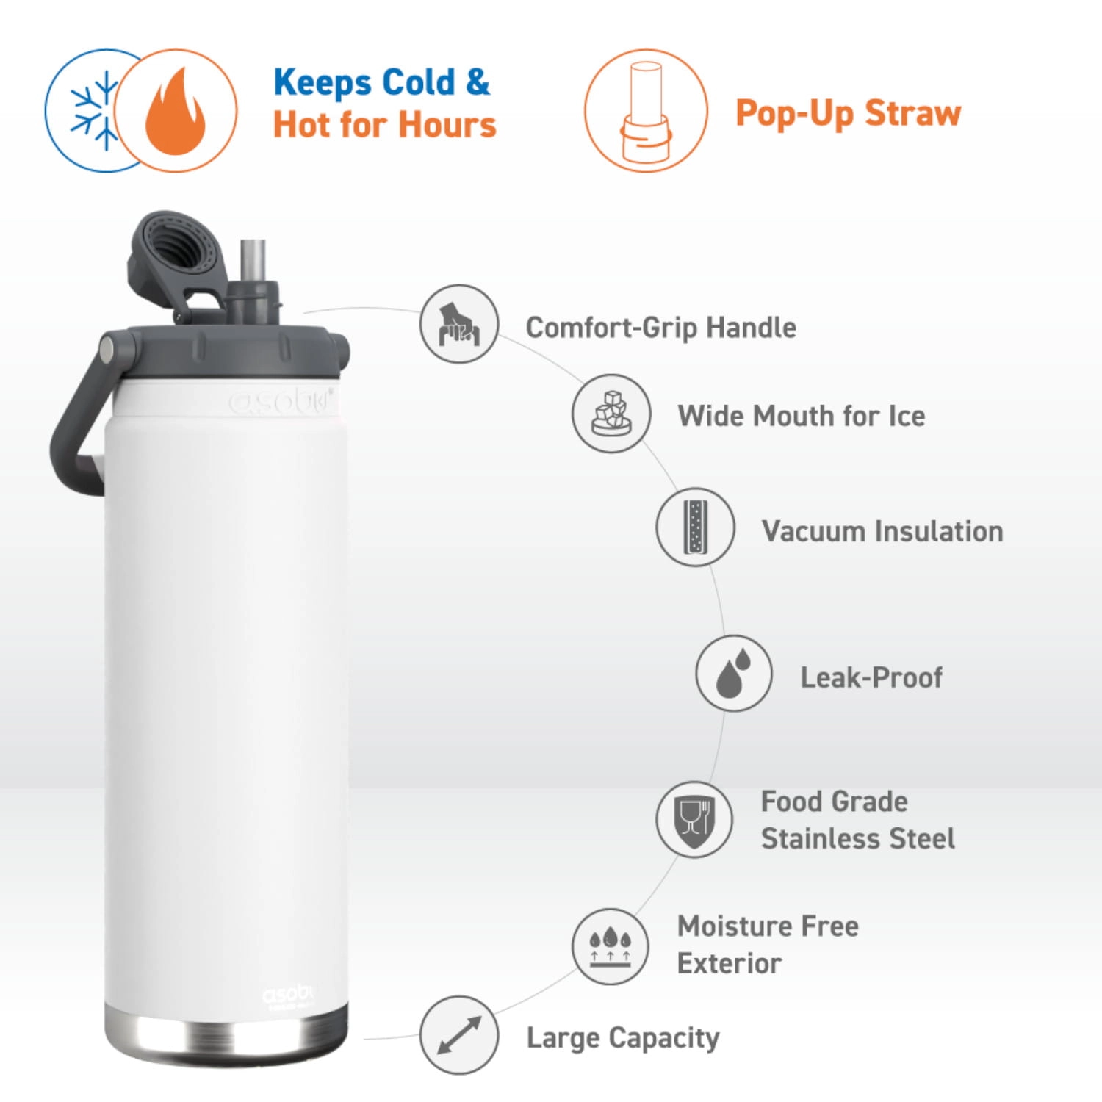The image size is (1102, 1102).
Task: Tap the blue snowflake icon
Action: (94, 111)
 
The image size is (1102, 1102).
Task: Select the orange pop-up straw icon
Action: (646, 111)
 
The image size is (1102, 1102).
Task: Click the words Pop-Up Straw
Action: (849, 113)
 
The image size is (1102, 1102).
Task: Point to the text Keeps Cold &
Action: (381, 82)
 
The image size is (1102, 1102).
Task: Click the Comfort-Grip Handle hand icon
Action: (459, 324)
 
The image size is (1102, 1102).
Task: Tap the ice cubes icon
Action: (611, 414)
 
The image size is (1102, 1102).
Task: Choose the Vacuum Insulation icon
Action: (695, 527)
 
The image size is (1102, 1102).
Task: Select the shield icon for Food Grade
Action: (694, 819)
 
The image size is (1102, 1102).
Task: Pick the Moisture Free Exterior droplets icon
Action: (611, 946)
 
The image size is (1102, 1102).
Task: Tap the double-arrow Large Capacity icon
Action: (459, 1035)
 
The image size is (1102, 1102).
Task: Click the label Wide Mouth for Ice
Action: (802, 416)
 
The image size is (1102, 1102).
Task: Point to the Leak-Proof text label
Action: (871, 677)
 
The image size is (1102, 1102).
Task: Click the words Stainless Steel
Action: (858, 838)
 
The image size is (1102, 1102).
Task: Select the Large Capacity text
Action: (623, 1038)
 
